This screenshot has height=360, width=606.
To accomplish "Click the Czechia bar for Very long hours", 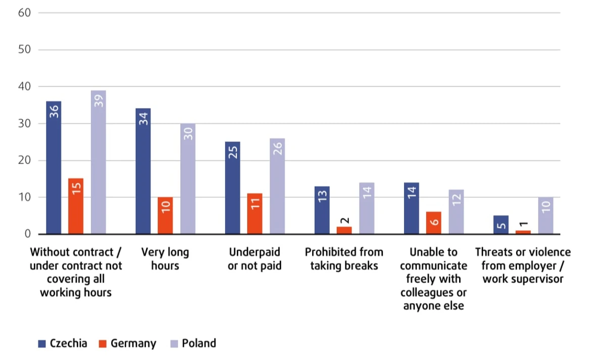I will tap(143, 172).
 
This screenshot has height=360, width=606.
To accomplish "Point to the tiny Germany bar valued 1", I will tap(523, 232).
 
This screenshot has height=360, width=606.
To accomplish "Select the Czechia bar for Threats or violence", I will tap(501, 225).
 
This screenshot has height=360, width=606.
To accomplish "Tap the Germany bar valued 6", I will tap(434, 223).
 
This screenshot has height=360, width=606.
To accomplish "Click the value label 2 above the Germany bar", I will tap(344, 220).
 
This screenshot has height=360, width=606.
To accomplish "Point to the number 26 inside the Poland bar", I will tap(277, 148).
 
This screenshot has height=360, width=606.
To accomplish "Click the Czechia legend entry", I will tap(63, 343).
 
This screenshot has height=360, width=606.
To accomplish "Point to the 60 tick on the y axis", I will tap(25, 13).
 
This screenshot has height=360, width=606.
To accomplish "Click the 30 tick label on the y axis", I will tap(25, 124).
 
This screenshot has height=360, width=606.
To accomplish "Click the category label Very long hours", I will tap(165, 259).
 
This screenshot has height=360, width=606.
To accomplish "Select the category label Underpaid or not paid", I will tap(255, 259).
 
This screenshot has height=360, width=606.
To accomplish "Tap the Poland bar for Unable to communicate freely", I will tap(456, 212).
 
